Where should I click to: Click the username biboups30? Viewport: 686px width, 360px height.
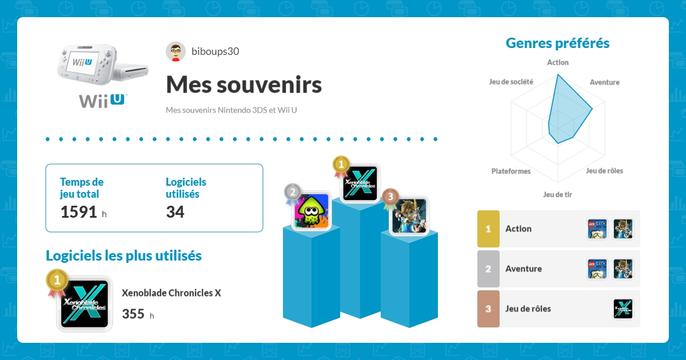pyautogui.click(x=215, y=51)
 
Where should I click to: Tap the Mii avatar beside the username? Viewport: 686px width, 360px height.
pyautogui.click(x=176, y=51)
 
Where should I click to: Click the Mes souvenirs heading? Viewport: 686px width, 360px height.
pyautogui.click(x=244, y=85)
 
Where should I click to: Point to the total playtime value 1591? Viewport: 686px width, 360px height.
pyautogui.click(x=79, y=212)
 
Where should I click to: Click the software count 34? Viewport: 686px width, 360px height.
pyautogui.click(x=175, y=212)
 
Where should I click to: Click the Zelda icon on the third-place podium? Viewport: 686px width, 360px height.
pyautogui.click(x=409, y=215)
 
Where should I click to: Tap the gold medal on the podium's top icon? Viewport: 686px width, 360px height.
pyautogui.click(x=341, y=165)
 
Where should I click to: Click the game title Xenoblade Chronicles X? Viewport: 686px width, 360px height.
pyautogui.click(x=171, y=293)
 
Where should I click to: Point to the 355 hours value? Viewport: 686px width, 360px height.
pyautogui.click(x=133, y=314)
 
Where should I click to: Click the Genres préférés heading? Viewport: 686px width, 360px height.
pyautogui.click(x=557, y=43)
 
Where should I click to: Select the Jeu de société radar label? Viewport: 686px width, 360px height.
pyautogui.click(x=511, y=82)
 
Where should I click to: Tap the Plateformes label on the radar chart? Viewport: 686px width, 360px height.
pyautogui.click(x=510, y=171)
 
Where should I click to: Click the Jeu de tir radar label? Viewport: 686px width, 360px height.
pyautogui.click(x=557, y=194)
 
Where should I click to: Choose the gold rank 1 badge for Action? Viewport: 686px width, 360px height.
pyautogui.click(x=488, y=229)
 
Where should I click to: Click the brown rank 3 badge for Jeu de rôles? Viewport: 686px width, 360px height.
pyautogui.click(x=488, y=309)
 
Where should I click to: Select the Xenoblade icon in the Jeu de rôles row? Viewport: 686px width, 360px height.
pyautogui.click(x=623, y=309)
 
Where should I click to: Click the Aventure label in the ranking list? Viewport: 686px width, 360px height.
pyautogui.click(x=523, y=269)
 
